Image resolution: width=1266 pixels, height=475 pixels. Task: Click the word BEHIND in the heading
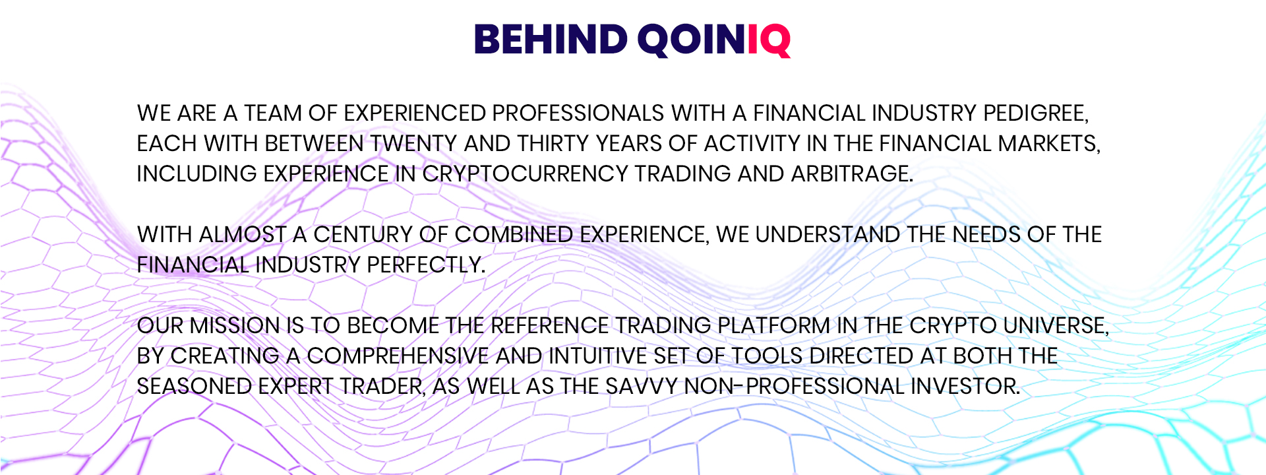coord(551,40)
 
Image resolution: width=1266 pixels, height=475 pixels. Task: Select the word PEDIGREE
coord(1036,113)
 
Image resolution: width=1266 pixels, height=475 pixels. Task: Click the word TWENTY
coord(413,144)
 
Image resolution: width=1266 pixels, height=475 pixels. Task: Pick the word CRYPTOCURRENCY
coord(525,174)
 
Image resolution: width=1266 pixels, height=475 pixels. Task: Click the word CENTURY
coord(363,235)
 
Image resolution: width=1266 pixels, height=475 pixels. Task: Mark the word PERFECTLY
coord(426,265)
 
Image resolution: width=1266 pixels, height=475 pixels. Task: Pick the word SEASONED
coord(195,387)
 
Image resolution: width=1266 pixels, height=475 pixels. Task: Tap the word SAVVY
coord(642,387)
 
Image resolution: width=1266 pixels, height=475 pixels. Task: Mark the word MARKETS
coord(1049,144)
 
